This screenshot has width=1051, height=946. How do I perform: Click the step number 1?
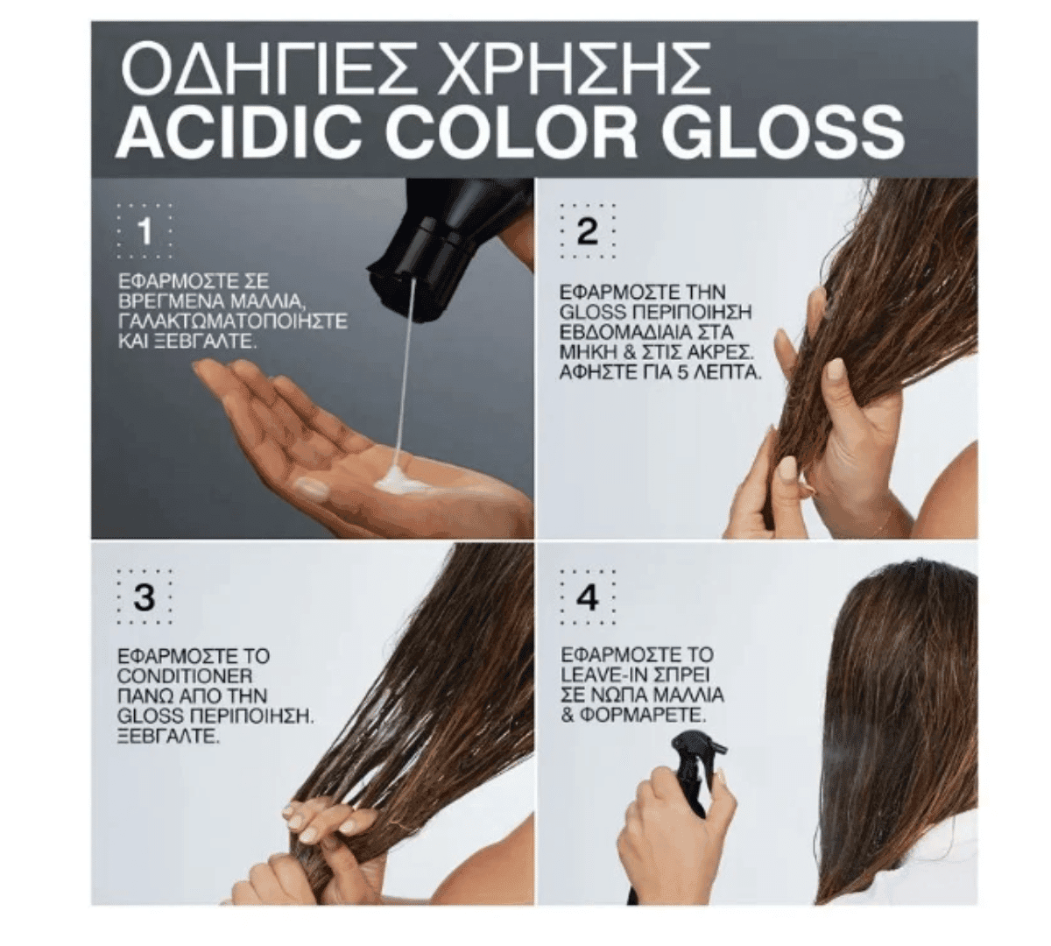(x=145, y=230)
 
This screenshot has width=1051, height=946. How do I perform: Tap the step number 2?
(x=587, y=230)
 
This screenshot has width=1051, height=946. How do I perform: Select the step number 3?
(x=145, y=597)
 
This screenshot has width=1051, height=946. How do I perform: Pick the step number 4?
(x=587, y=597)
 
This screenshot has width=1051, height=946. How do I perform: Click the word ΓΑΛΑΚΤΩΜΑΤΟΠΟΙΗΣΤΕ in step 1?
(x=233, y=321)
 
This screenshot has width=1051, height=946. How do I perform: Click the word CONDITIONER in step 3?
(x=185, y=675)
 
